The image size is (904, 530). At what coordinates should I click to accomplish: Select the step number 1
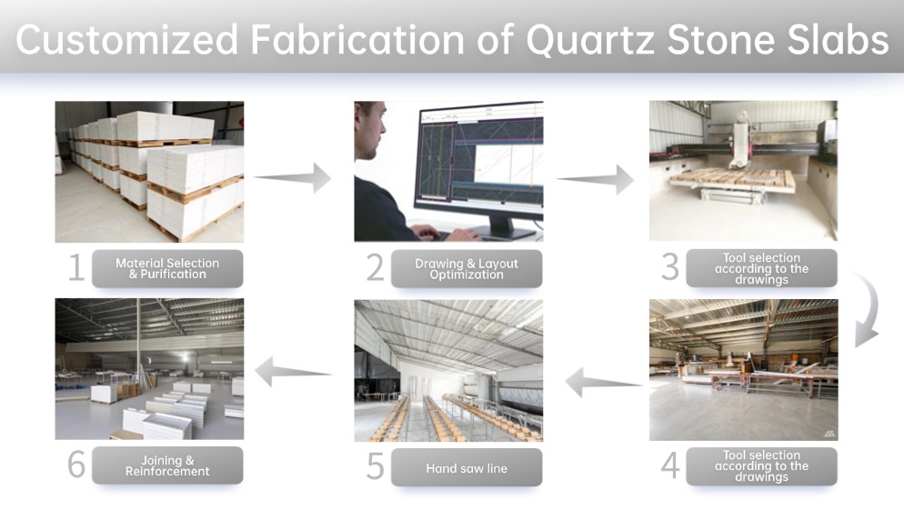76,268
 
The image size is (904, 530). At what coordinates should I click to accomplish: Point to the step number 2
375,268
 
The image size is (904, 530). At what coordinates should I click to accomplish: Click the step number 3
670,267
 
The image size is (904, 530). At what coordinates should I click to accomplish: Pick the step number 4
670,465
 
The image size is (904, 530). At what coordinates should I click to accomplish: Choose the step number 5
375,466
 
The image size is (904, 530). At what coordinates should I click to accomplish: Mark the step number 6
76,465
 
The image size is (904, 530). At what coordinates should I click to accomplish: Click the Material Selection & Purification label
167,268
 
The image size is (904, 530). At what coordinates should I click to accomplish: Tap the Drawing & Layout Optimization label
467,269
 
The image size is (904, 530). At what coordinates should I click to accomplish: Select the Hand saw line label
467,468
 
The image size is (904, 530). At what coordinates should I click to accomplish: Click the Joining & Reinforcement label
167,465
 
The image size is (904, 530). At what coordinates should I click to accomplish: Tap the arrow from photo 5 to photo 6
294,371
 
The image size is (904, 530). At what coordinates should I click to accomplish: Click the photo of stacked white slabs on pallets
149,171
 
